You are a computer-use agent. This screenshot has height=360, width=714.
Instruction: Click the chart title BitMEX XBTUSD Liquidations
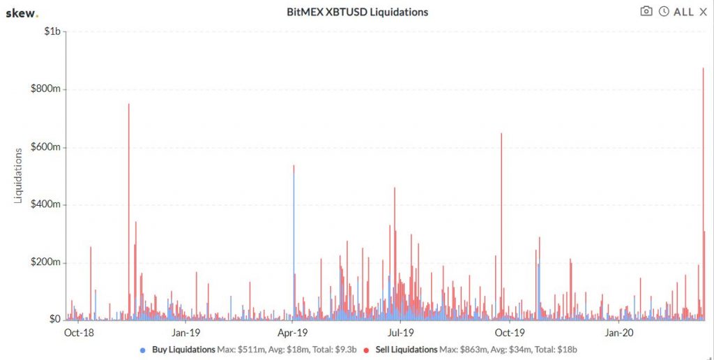click(x=357, y=12)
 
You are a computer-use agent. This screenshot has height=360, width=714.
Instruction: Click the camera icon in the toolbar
click(x=646, y=11)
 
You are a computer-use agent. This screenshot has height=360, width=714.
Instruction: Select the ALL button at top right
click(x=683, y=12)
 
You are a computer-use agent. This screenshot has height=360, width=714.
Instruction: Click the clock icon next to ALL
click(x=664, y=11)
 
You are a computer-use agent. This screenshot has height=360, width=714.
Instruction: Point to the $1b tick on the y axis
click(x=53, y=31)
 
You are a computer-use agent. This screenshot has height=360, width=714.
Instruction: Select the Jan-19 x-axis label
click(x=186, y=333)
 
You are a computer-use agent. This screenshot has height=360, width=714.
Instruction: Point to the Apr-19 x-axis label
click(x=293, y=333)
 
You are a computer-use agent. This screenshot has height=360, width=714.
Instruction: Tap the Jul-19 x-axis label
click(x=400, y=333)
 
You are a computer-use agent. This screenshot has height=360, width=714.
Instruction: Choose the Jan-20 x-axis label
click(x=618, y=333)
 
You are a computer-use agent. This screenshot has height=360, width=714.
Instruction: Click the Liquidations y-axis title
click(x=20, y=175)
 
